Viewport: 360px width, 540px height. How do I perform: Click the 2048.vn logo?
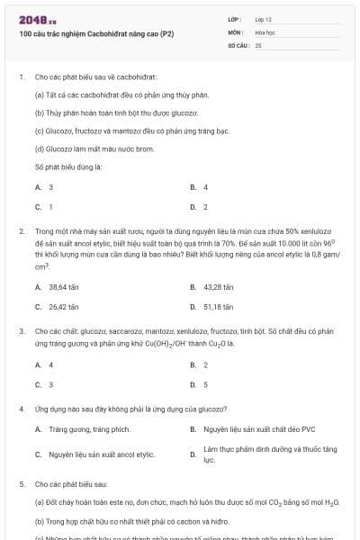[x=32, y=19]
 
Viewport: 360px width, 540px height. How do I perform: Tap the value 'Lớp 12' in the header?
[x=264, y=19]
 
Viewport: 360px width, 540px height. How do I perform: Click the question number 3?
[x=22, y=331]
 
